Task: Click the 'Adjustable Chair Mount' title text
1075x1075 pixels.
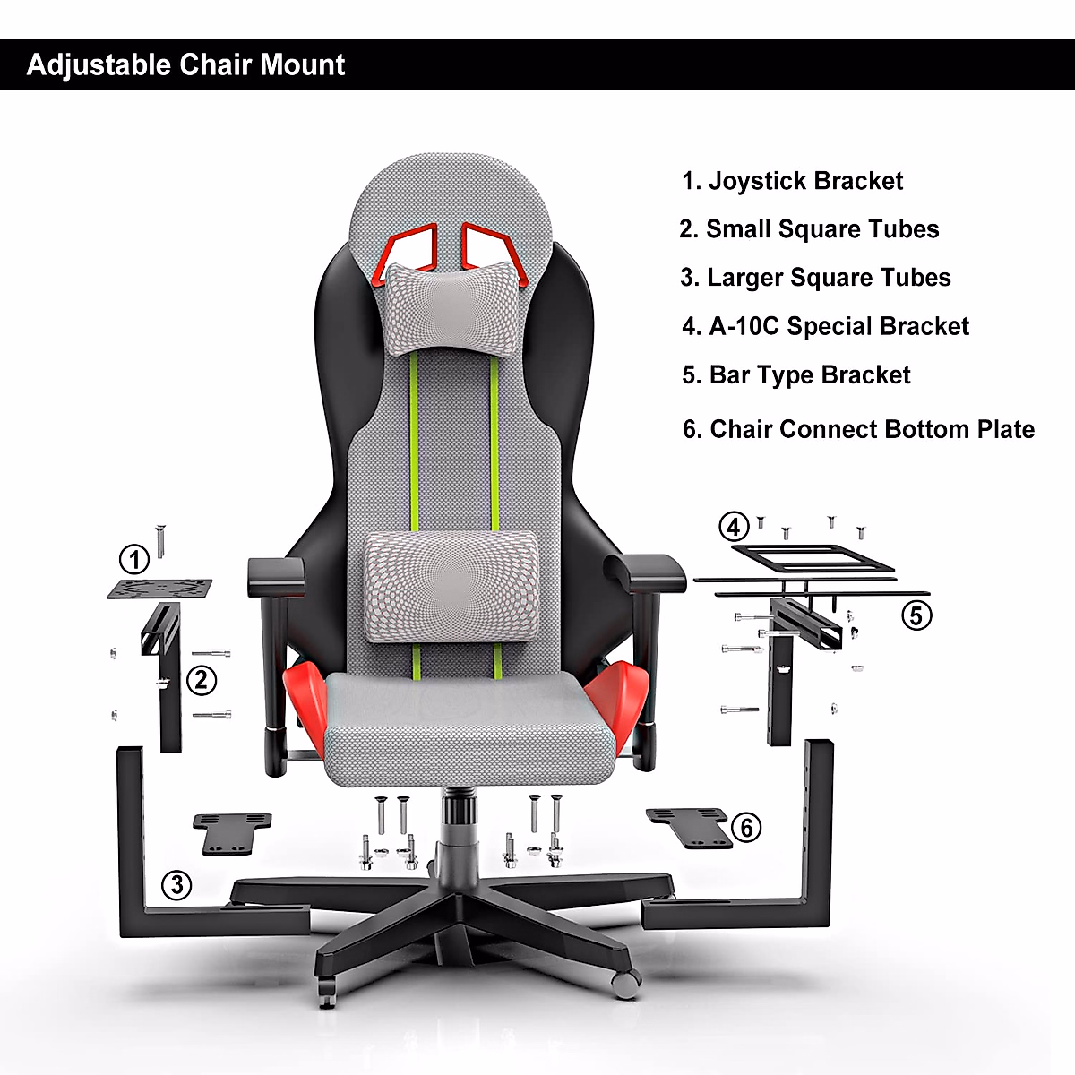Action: (x=185, y=64)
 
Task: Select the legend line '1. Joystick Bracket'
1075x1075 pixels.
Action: (x=792, y=181)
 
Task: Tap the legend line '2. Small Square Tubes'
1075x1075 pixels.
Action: (x=809, y=229)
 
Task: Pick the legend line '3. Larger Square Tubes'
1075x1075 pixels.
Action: (x=815, y=278)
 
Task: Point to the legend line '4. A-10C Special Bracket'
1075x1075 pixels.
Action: (x=825, y=326)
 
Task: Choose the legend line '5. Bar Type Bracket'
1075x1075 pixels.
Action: (x=795, y=374)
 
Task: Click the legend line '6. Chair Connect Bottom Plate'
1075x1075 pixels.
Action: (x=858, y=429)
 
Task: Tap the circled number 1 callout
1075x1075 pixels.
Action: (x=134, y=560)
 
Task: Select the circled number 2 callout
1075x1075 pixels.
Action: (x=202, y=680)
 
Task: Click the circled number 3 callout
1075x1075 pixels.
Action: (x=176, y=885)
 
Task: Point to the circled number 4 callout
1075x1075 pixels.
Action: (x=735, y=527)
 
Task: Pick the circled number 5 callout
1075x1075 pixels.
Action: (x=916, y=615)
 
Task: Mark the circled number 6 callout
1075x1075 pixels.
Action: (x=746, y=827)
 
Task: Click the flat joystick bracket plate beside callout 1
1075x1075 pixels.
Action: (x=160, y=589)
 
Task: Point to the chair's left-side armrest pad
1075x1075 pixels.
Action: (x=275, y=572)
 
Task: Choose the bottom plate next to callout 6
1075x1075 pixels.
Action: (x=689, y=826)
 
